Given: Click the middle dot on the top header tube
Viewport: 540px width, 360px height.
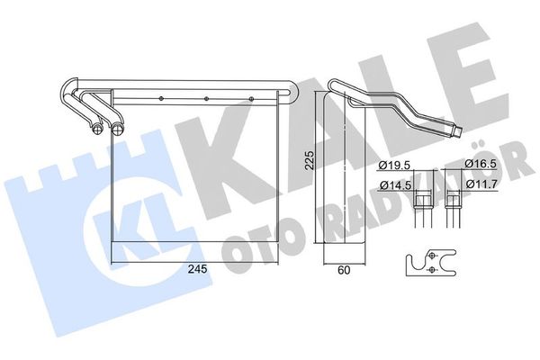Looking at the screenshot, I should (206, 99).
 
